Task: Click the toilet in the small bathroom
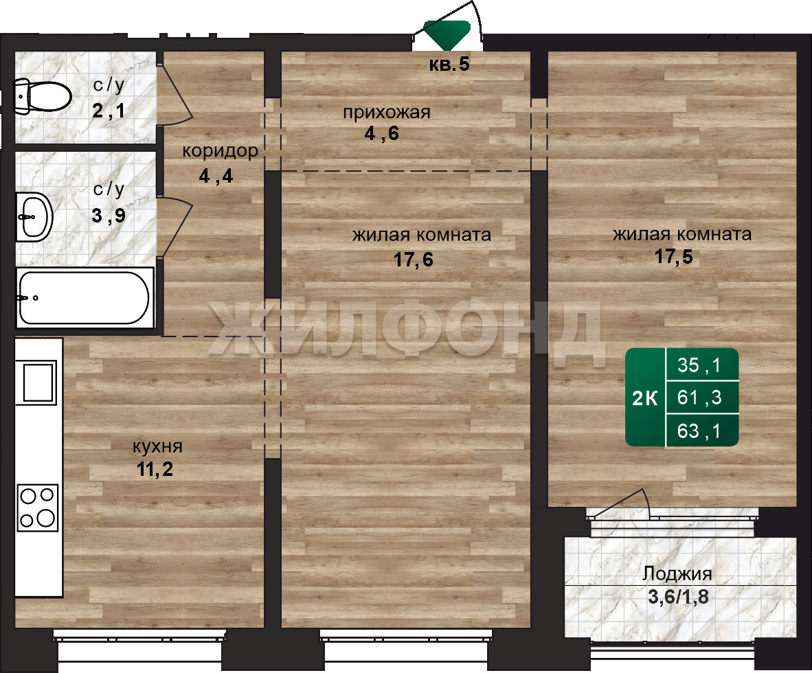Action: coord(42,96)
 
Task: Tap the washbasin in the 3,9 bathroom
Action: coord(34,217)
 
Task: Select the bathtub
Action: coord(85,297)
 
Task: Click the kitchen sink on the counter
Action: coord(38,382)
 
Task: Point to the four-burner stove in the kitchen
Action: coord(38,507)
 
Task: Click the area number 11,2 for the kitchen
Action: coord(155,469)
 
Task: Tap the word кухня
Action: coord(157,446)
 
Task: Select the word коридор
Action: coord(220,151)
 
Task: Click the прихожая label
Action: coord(386,113)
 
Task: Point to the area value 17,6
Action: coord(414,260)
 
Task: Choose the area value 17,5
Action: coord(674,256)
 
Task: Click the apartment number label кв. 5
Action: coord(449,64)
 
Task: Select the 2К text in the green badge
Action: coord(645,398)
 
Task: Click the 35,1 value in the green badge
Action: coord(699,365)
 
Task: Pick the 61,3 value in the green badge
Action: coord(699,398)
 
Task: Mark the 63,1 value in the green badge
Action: coord(699,431)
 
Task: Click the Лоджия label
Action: coord(677,573)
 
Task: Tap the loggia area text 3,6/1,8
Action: coord(678,597)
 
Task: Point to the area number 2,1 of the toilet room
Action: coord(109,111)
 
